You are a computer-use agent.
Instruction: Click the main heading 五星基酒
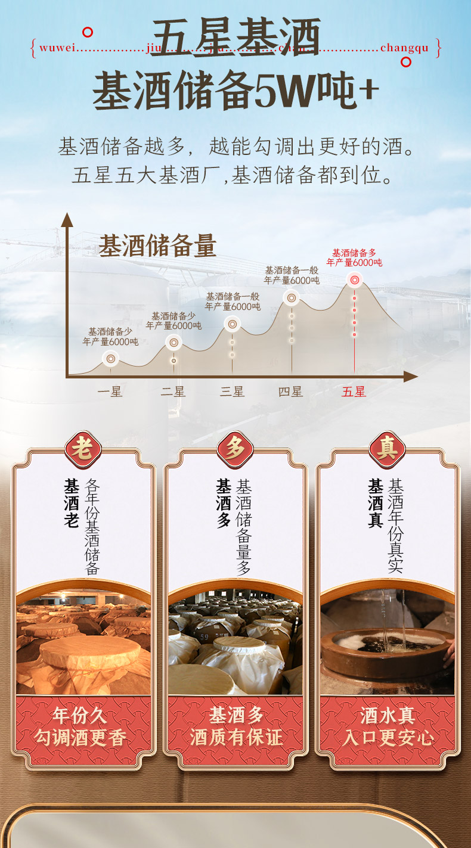click(235, 37)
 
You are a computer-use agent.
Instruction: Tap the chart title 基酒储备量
click(157, 246)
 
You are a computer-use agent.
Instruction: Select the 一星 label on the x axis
click(110, 392)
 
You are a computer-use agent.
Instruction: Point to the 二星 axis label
click(173, 392)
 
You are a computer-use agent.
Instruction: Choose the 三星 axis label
click(232, 392)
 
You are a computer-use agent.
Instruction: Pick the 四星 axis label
click(291, 392)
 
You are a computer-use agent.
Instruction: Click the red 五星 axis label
click(354, 392)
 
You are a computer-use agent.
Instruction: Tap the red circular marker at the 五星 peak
click(354, 279)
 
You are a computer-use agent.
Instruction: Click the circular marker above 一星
click(110, 358)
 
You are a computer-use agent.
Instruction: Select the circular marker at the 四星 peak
click(292, 297)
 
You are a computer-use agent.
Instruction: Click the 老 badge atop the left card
click(83, 449)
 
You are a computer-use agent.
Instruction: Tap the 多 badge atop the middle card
click(235, 449)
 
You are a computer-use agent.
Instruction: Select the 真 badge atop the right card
click(388, 449)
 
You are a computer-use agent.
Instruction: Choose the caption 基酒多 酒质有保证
click(235, 726)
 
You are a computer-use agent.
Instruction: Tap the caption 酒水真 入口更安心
click(388, 726)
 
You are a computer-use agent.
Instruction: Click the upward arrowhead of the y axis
click(67, 219)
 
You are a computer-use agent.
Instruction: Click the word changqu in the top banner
click(404, 48)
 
